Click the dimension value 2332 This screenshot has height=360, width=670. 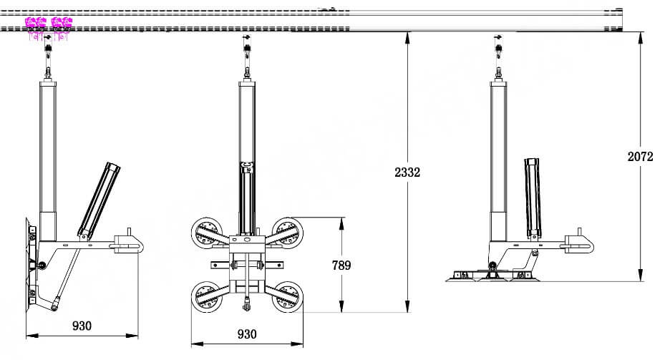(x=407, y=172)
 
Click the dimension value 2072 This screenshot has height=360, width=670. (x=640, y=157)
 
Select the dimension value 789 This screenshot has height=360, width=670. (x=342, y=266)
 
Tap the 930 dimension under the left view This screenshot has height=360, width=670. (x=82, y=326)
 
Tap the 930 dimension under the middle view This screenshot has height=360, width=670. (x=246, y=334)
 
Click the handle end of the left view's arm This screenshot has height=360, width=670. (x=129, y=242)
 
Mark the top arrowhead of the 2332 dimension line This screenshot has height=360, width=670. (x=407, y=37)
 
